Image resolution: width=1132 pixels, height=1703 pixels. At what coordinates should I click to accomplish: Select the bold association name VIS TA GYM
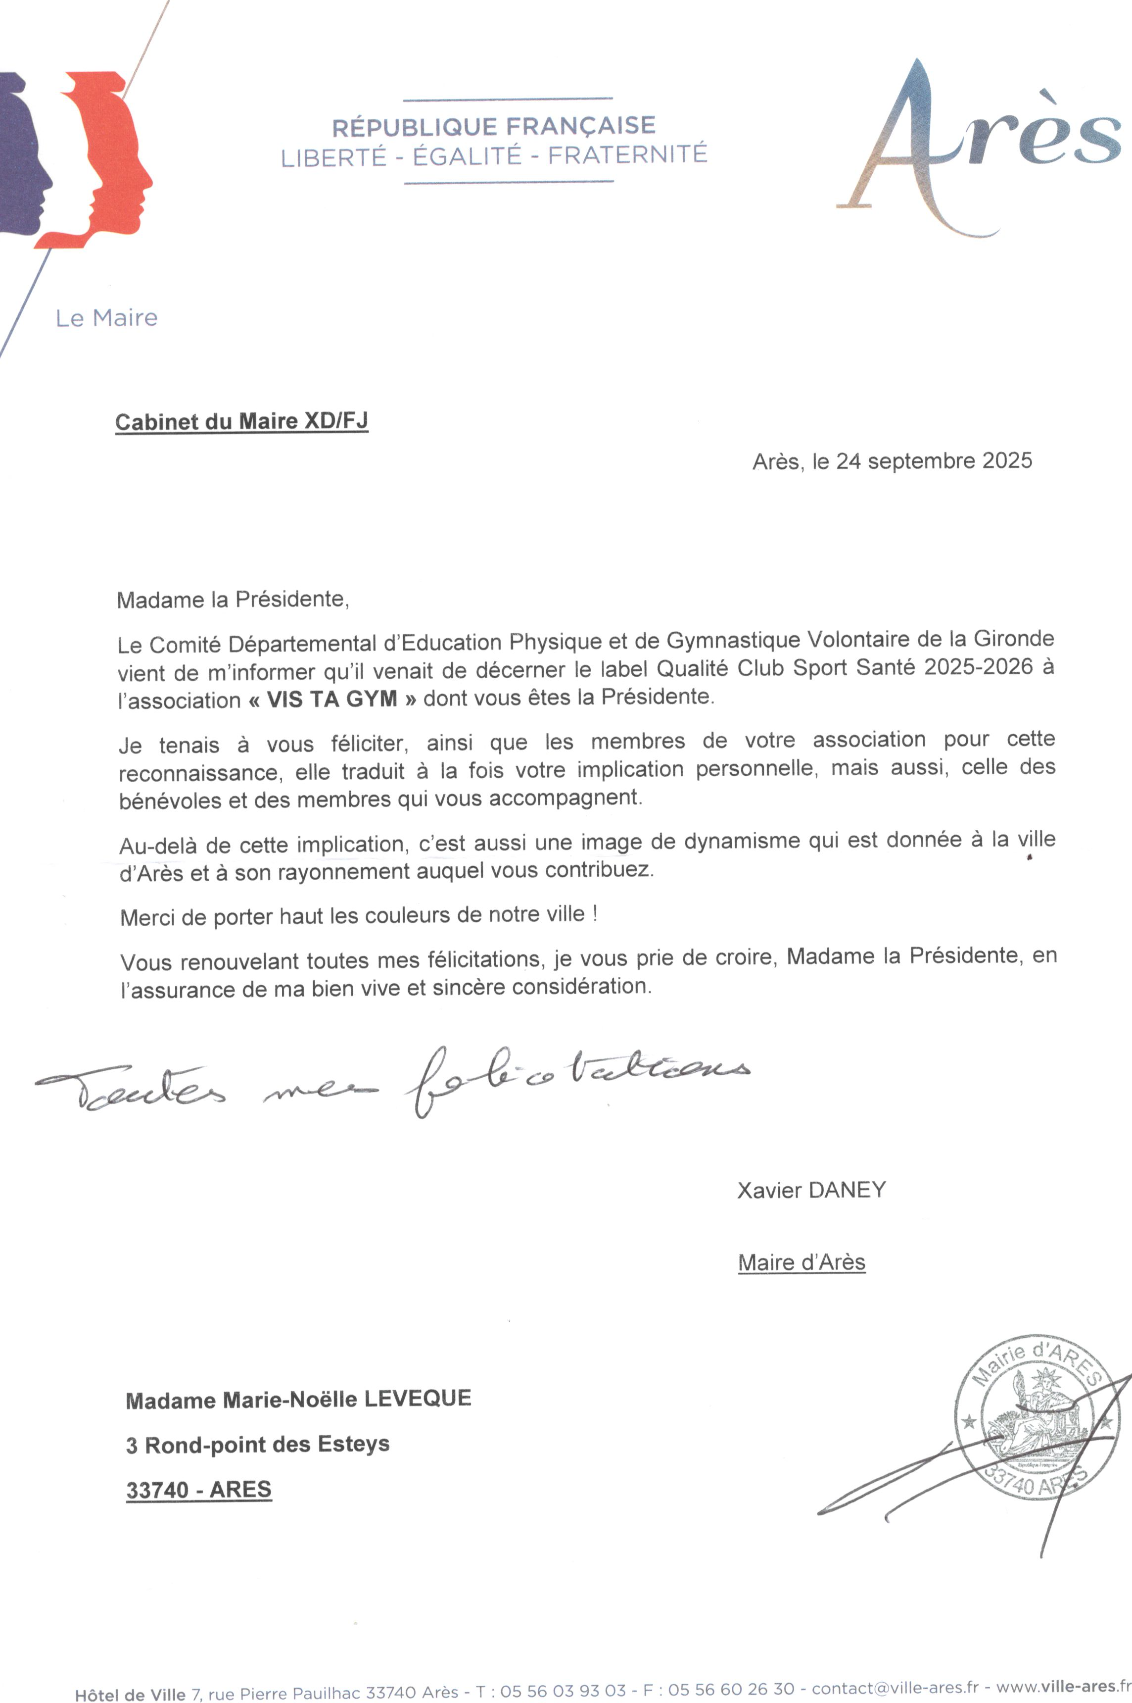332,699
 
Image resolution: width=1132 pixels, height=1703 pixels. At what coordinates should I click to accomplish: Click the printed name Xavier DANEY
811,1190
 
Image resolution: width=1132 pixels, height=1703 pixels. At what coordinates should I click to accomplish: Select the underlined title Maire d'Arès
802,1262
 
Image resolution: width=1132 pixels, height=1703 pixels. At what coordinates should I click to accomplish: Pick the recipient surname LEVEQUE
417,1398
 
